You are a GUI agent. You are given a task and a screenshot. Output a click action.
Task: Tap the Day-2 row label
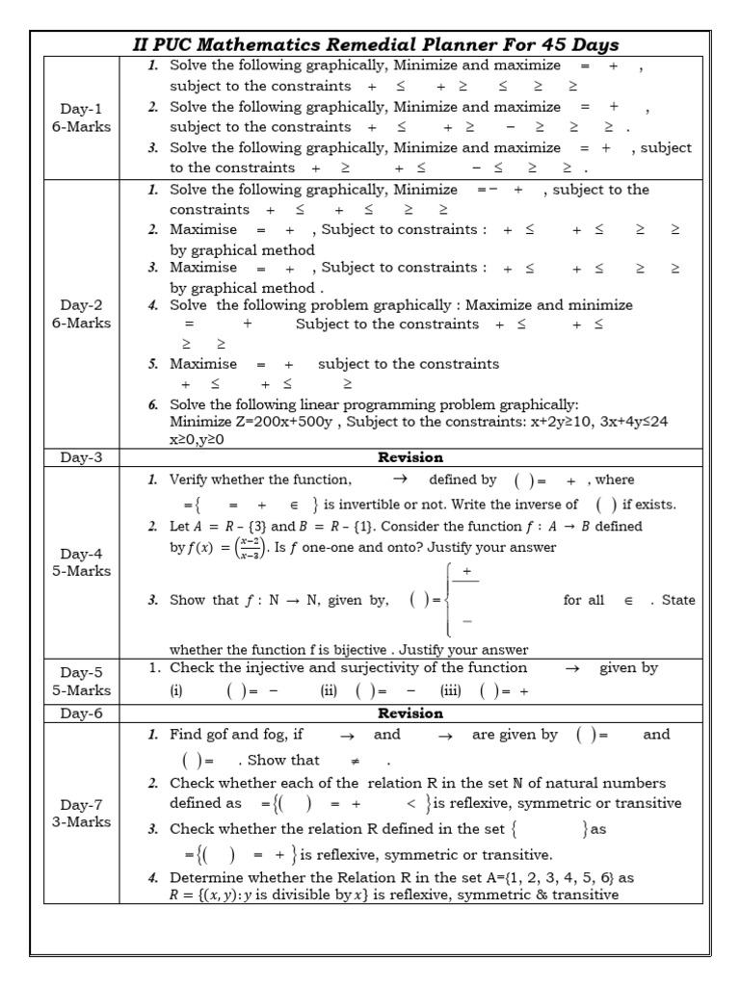[80, 305]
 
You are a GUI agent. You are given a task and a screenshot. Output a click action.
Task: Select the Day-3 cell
[80, 457]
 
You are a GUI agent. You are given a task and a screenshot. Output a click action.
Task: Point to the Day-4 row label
[80, 554]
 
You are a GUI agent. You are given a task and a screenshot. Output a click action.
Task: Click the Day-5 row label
[80, 673]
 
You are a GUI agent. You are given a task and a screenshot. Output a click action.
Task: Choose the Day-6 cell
[80, 714]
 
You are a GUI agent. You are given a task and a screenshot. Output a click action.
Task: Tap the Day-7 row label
[80, 805]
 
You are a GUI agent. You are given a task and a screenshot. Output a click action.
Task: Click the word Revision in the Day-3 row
[410, 457]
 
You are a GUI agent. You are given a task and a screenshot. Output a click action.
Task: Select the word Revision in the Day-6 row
[410, 714]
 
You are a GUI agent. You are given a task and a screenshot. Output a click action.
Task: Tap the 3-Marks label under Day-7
[81, 822]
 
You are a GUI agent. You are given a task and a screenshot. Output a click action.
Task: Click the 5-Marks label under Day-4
[81, 571]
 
